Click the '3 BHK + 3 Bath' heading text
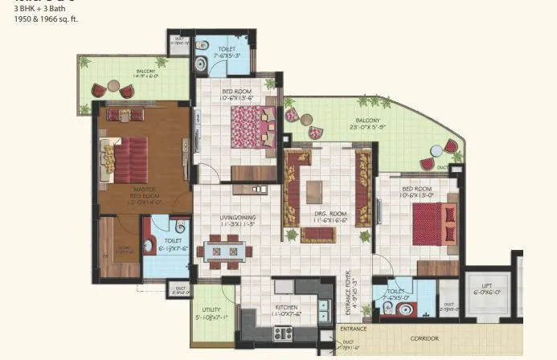click(x=37, y=8)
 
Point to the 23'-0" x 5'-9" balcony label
click(x=368, y=124)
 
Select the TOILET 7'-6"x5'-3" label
click(x=227, y=52)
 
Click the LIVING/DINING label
click(x=237, y=219)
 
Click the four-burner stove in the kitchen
click(x=281, y=332)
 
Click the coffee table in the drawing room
click(x=314, y=192)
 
